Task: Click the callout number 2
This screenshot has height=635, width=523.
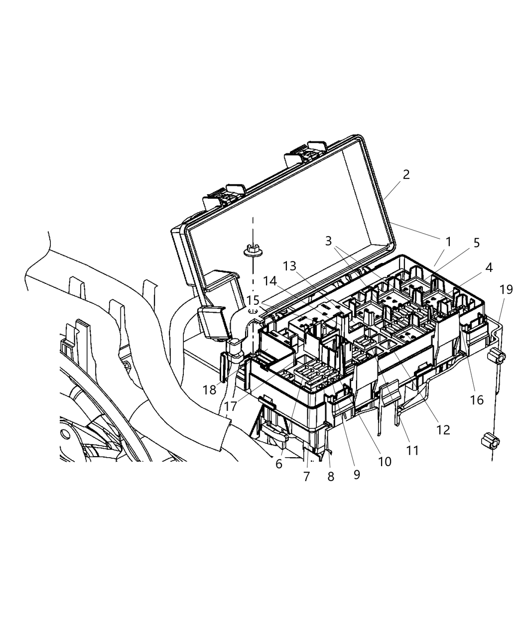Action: click(406, 175)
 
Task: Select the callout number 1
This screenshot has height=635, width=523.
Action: click(448, 242)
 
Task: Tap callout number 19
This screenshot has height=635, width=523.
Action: click(506, 289)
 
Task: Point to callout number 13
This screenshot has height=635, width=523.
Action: click(289, 266)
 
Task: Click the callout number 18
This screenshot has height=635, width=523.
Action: click(210, 389)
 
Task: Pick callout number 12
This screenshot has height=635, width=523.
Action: click(443, 429)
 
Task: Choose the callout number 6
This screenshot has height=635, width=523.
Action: click(279, 464)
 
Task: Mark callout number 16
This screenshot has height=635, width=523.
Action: click(477, 399)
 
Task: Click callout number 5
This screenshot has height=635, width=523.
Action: click(477, 243)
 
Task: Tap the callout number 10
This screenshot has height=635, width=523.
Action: click(385, 461)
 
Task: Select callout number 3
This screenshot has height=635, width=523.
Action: click(328, 241)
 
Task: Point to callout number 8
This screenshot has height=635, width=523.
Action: click(331, 476)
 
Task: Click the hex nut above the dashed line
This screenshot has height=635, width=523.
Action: click(253, 250)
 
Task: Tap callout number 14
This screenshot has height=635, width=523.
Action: click(270, 281)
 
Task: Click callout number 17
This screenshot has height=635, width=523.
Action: click(230, 406)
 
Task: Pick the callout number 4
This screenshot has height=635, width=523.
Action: click(489, 267)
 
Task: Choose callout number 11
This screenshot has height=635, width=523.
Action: click(412, 450)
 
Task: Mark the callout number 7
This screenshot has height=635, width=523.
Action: click(307, 476)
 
